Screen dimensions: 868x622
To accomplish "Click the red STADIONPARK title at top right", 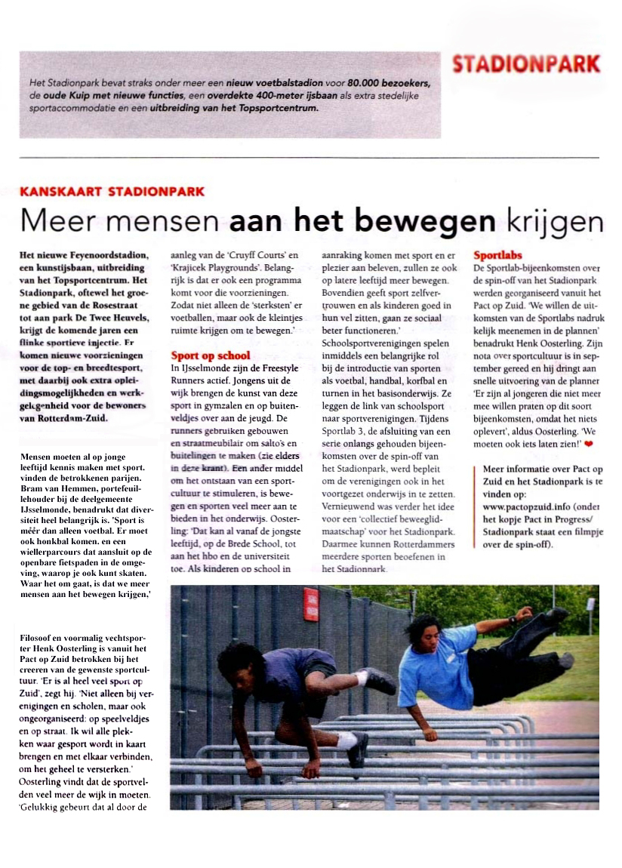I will pos(526,64).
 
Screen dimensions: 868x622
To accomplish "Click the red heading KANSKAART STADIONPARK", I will pos(112,192).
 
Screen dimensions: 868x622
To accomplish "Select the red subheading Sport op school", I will pos(211,355).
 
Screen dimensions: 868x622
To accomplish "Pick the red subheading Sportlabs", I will pos(497,256).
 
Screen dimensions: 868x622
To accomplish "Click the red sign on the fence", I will pos(310,604).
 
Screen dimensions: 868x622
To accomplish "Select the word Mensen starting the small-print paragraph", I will pos(38,457).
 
